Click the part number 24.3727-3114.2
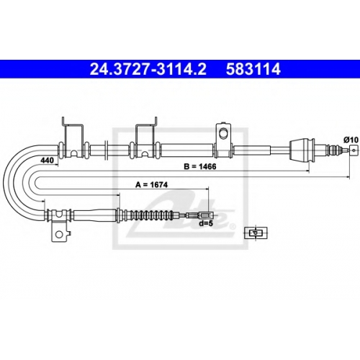tap(148, 69)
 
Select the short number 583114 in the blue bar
tap(253, 69)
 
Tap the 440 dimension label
tap(47, 160)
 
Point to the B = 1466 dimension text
tap(200, 166)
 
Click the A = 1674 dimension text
tap(151, 184)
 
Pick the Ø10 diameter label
tap(351, 140)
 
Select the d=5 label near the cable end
tap(206, 223)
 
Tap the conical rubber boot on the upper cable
tap(302, 150)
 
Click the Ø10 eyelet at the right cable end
tap(354, 150)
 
